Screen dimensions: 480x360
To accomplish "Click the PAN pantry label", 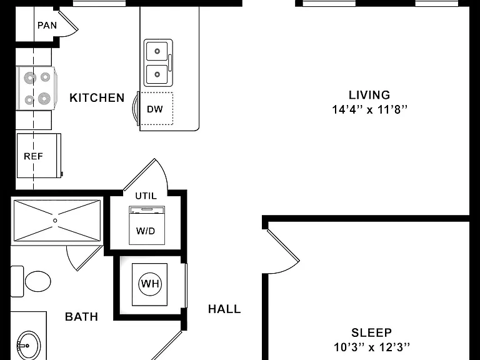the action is pyautogui.click(x=47, y=25).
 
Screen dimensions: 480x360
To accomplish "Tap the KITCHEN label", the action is pyautogui.click(x=97, y=98).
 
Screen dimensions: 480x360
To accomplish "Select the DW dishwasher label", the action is pyautogui.click(x=155, y=109).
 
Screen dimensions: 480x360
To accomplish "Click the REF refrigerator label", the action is pyautogui.click(x=33, y=156).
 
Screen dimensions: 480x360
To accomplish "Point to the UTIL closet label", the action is pyautogui.click(x=146, y=196).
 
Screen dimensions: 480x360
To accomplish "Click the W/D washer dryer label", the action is pyautogui.click(x=146, y=231).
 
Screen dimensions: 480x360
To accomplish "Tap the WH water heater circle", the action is pyautogui.click(x=150, y=284).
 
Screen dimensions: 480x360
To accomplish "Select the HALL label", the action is pyautogui.click(x=224, y=309).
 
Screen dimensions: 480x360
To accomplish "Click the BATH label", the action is pyautogui.click(x=81, y=316).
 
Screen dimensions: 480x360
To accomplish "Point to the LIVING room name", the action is pyautogui.click(x=369, y=95).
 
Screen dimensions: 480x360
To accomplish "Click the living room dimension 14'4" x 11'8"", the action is pyautogui.click(x=370, y=109).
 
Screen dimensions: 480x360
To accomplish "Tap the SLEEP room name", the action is pyautogui.click(x=371, y=332).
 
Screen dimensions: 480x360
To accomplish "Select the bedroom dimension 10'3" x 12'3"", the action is pyautogui.click(x=371, y=347).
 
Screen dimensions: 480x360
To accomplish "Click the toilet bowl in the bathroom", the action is pyautogui.click(x=38, y=281).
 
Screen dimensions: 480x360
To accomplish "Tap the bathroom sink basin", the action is pyautogui.click(x=29, y=345).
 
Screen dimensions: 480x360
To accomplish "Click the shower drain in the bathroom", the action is pyautogui.click(x=55, y=221).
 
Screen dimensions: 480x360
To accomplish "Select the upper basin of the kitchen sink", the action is pyautogui.click(x=157, y=51).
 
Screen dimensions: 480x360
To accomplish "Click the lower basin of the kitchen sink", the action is pyautogui.click(x=157, y=74).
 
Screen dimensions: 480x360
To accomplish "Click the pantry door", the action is pyautogui.click(x=68, y=20).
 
